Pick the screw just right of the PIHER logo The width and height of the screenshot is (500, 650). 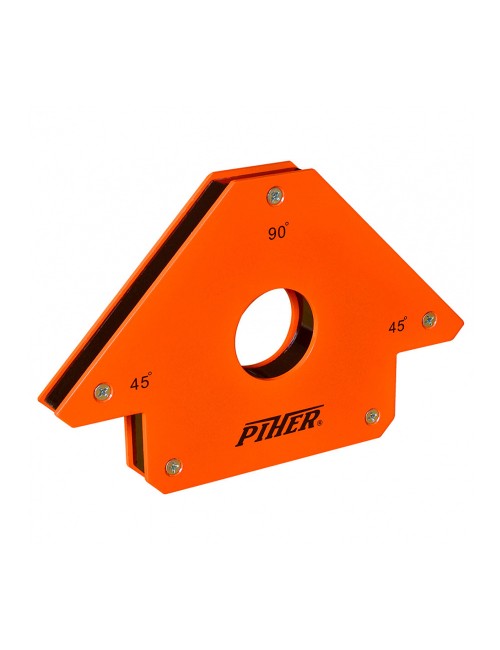coord(371,415)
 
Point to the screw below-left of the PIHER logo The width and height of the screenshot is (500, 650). coord(174,465)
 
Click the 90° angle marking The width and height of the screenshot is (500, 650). coord(278,233)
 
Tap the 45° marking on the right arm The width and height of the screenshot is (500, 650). coord(397,326)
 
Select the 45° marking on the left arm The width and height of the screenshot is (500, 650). coord(141,382)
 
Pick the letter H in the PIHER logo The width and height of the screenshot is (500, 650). coord(276,435)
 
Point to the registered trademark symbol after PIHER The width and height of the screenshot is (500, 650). coord(319,423)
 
